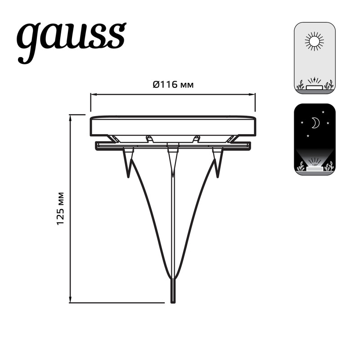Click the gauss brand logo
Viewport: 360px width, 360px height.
click(71, 40)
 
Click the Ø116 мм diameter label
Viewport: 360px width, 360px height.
click(173, 85)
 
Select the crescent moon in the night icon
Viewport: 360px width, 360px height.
click(315, 123)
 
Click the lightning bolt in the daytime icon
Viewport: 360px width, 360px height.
click(315, 80)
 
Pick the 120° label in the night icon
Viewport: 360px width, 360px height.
click(315, 165)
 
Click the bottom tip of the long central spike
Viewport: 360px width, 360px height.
click(173, 301)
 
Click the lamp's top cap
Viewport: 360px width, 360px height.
click(173, 125)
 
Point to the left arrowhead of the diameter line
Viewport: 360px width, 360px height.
click(92, 94)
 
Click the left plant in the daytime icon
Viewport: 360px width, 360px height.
click(301, 85)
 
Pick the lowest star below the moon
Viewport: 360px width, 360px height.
click(308, 135)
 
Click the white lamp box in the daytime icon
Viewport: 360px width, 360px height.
click(315, 87)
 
